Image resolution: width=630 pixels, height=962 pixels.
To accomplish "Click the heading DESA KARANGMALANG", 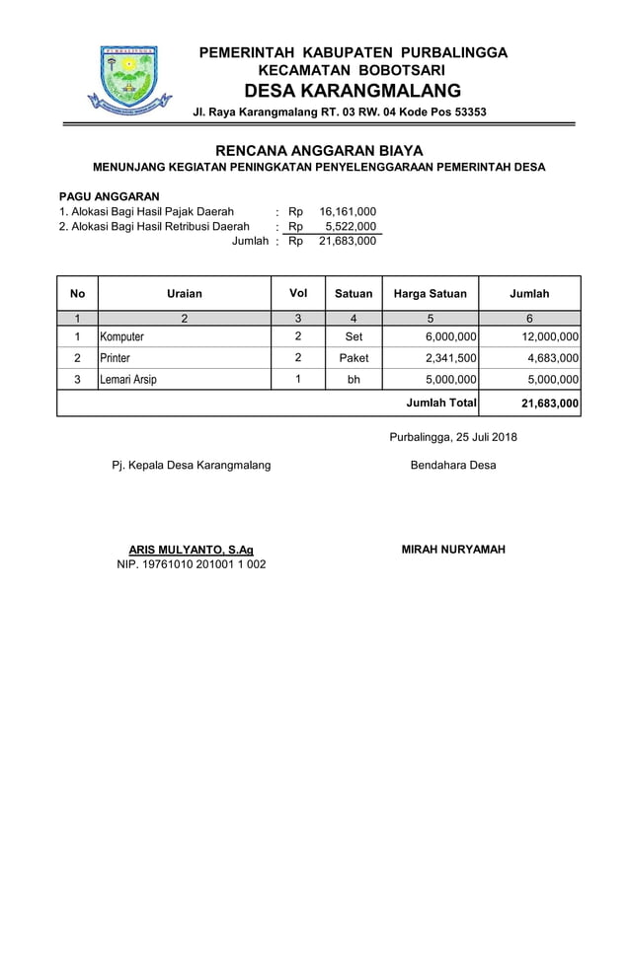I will (x=354, y=91).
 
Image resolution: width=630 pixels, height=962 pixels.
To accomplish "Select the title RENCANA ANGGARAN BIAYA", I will (x=319, y=151).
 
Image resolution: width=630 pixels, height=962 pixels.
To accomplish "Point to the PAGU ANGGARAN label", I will (x=110, y=196).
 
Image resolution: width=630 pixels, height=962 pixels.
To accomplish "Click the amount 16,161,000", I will (x=348, y=211).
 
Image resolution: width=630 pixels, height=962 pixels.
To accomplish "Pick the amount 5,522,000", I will (x=351, y=226).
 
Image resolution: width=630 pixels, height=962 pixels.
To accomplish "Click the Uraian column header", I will (x=185, y=293).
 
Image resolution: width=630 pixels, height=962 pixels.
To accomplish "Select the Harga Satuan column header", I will (x=431, y=293).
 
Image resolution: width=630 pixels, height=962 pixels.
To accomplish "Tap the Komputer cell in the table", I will (x=122, y=336).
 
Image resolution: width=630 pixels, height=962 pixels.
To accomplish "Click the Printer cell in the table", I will (x=115, y=357).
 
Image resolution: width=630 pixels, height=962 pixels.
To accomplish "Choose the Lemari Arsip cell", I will (x=128, y=379).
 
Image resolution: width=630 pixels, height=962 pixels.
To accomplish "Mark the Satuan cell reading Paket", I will (x=354, y=357).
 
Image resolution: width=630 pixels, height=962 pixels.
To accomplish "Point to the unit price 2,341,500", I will (x=450, y=357).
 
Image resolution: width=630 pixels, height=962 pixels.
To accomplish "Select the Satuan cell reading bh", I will (x=354, y=379).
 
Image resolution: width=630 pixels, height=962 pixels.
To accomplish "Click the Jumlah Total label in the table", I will (x=441, y=403).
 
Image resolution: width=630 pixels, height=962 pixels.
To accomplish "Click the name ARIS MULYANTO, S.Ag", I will (x=191, y=550).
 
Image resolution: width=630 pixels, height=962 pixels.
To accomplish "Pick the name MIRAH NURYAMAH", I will (x=453, y=549).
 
